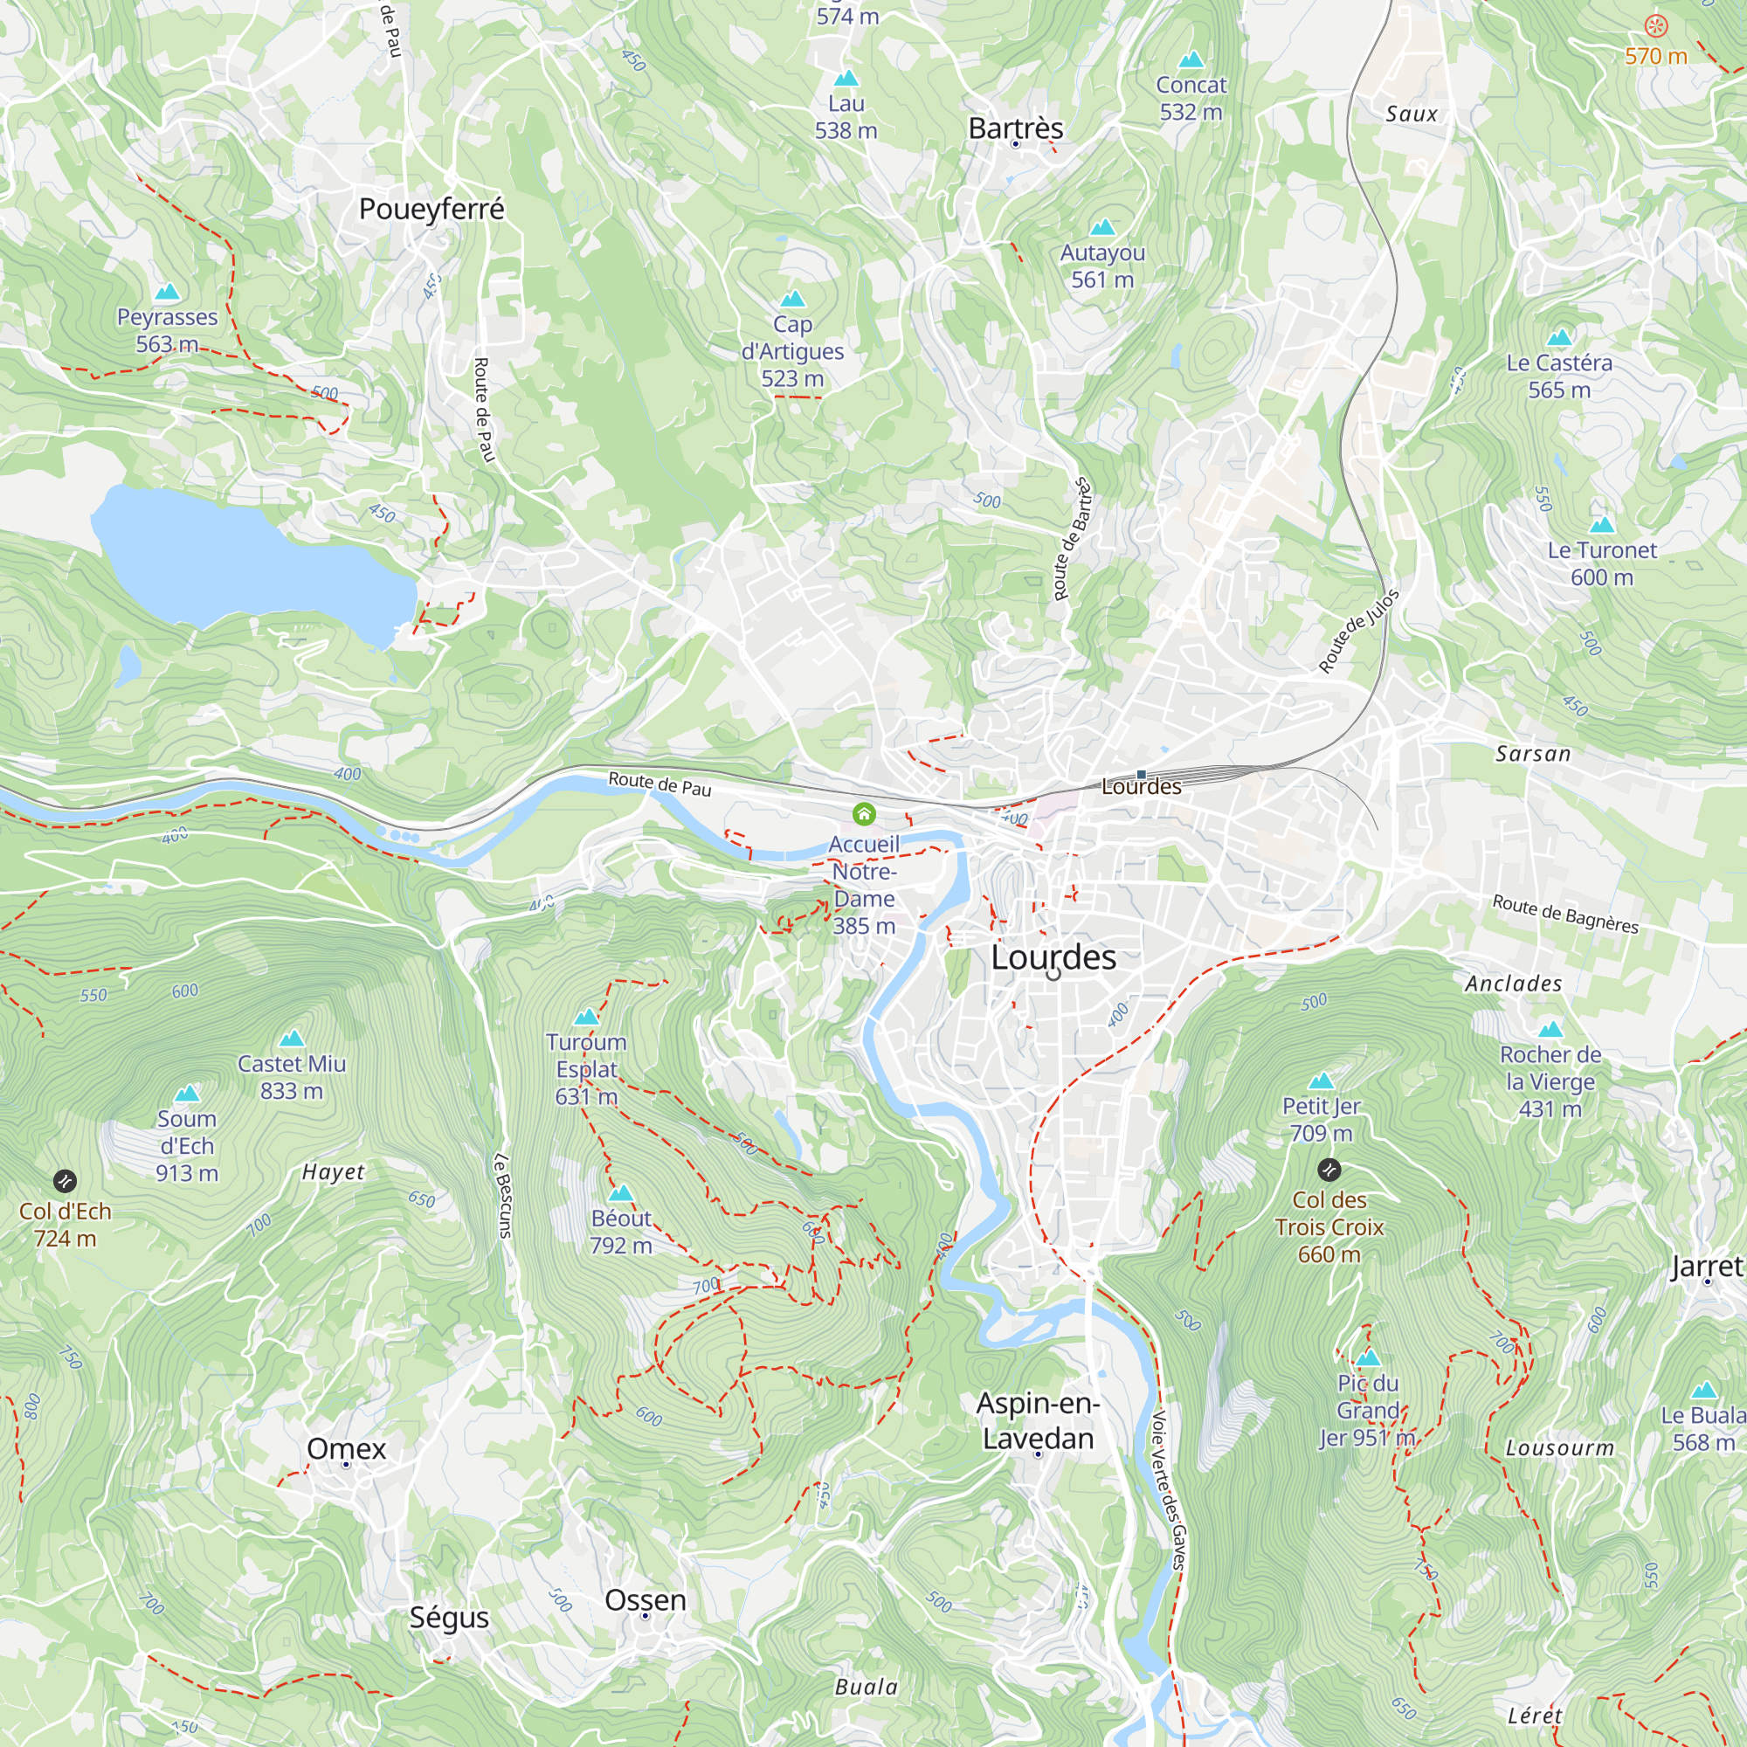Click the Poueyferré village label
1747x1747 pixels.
coord(432,209)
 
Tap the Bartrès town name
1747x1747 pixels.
coord(1016,128)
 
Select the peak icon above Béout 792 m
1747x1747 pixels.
coord(620,1193)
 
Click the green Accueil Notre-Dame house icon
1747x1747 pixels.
coord(864,815)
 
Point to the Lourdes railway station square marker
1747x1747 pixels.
coord(1141,774)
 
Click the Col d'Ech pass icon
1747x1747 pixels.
coord(64,1181)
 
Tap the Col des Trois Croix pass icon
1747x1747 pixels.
coord(1329,1170)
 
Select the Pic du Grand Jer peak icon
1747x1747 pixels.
coord(1368,1358)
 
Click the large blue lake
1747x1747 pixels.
coord(245,561)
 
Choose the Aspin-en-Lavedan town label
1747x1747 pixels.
coord(1038,1420)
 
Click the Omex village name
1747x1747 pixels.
coord(346,1447)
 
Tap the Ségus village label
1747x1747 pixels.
coord(448,1618)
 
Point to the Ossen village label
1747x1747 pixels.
coord(645,1599)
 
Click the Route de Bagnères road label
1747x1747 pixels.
coord(1564,914)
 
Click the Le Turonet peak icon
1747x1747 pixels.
coord(1601,524)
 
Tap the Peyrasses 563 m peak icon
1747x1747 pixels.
coord(168,292)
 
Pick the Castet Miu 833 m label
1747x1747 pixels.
coord(291,1077)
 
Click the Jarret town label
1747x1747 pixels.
coord(1706,1267)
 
